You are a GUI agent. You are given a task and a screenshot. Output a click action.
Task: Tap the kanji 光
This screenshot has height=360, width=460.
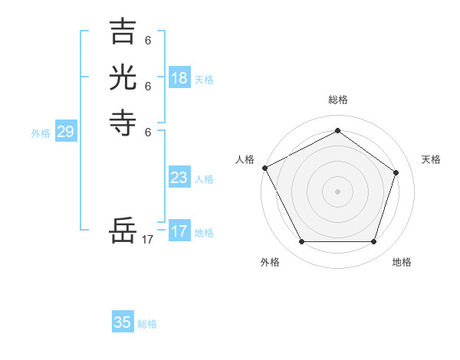pos(123,78)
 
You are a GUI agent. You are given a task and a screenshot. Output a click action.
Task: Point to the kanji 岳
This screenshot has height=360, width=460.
pos(123,230)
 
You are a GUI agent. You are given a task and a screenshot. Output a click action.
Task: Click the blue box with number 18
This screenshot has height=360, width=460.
pos(179,78)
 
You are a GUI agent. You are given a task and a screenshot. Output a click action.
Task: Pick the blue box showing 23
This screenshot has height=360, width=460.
pos(179,178)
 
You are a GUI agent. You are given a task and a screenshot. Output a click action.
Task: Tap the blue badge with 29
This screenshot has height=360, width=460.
pos(65,133)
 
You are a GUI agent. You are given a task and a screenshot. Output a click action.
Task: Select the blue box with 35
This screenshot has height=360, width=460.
pos(123,322)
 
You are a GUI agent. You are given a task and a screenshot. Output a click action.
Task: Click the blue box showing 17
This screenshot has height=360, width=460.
pos(179,231)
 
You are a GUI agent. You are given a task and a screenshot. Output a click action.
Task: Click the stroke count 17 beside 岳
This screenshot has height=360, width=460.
pos(148,240)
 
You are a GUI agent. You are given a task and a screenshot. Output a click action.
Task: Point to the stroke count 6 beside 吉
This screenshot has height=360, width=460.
pos(148,40)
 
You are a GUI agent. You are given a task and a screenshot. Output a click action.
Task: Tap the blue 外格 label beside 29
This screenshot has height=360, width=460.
pos(41,133)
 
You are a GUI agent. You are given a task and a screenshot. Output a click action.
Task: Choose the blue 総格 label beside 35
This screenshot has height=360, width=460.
pos(147,324)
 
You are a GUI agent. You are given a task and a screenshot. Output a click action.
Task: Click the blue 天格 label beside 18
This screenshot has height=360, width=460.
pos(204,80)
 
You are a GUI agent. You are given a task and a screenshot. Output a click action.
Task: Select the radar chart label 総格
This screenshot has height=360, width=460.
pos(338,100)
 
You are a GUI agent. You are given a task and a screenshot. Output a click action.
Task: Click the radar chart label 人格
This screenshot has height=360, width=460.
pos(245,159)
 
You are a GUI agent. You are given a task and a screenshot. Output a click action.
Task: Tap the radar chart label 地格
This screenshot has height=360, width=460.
pos(402,262)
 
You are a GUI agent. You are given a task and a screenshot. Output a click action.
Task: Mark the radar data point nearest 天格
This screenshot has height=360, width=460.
pos(396,172)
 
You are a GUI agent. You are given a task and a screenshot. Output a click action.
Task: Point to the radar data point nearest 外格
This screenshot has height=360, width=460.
pos(301,242)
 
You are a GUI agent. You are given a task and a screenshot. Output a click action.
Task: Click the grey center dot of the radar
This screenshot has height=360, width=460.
pos(337,191)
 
